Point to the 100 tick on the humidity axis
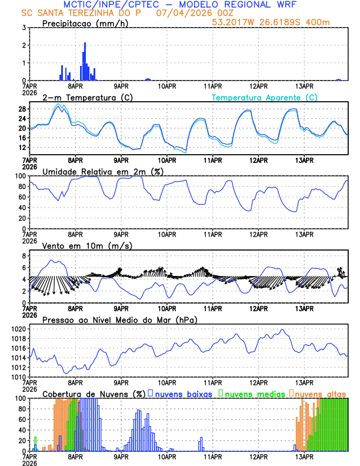point(19,176)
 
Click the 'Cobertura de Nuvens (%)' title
point(94,393)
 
